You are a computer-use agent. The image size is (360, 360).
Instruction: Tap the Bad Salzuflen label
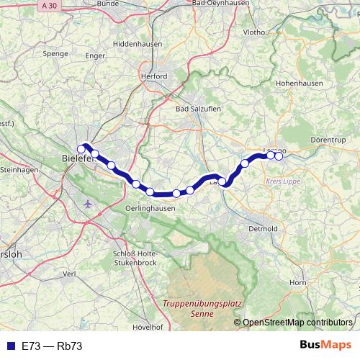tap(197, 109)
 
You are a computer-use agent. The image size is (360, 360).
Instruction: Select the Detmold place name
tap(263, 228)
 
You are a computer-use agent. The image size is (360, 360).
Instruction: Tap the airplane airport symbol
tap(89, 203)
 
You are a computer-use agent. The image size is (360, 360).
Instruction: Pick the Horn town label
tap(297, 283)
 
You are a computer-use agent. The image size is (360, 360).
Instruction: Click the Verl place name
tap(70, 274)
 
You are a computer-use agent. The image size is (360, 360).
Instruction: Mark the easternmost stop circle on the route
tap(279, 156)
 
